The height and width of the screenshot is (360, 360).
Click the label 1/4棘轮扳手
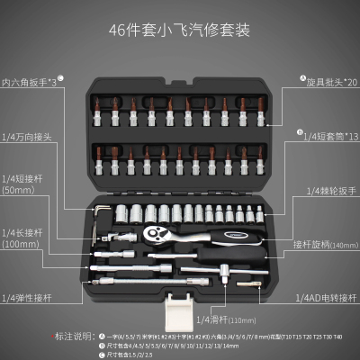(332, 191)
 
